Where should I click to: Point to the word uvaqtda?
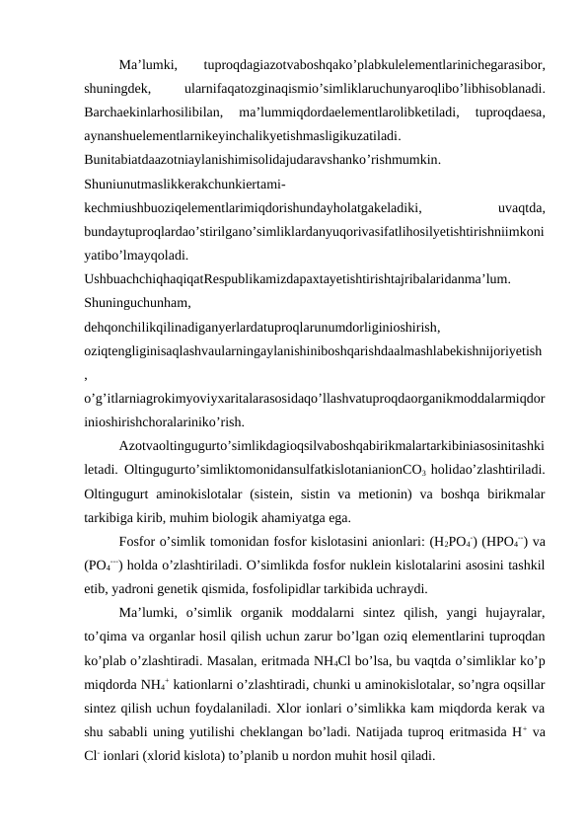point(523,208)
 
